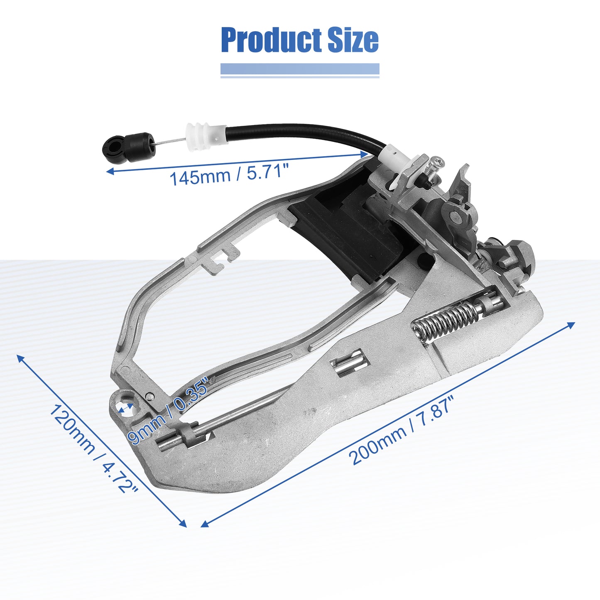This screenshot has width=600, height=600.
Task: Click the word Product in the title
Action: pyautogui.click(x=271, y=40)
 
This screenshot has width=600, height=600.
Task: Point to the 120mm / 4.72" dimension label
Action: pyautogui.click(x=94, y=448)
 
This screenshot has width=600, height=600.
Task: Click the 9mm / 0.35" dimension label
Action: pyautogui.click(x=168, y=411)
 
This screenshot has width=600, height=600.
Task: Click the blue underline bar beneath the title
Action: pyautogui.click(x=300, y=69)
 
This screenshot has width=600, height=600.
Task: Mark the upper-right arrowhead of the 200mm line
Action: pyautogui.click(x=572, y=325)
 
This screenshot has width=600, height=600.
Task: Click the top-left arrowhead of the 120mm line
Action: pyautogui.click(x=20, y=358)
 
